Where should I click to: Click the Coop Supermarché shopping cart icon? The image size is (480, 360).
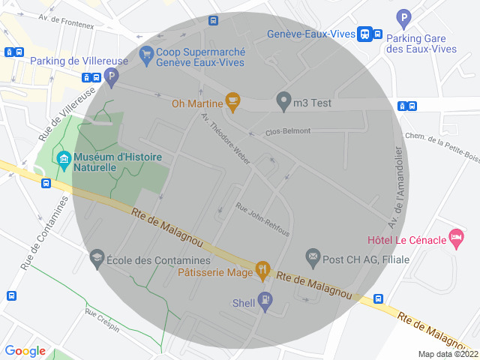[x=145, y=55]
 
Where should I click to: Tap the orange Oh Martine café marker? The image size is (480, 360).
[x=232, y=102]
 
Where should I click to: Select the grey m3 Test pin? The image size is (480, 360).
[x=283, y=100]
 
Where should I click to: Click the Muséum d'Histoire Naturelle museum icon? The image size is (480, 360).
[x=64, y=159]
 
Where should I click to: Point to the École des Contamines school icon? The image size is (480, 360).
[x=97, y=259]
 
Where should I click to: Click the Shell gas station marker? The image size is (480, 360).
[x=265, y=301]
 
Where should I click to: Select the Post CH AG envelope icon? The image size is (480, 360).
[x=313, y=259]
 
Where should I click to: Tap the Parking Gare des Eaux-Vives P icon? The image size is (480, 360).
[x=404, y=18]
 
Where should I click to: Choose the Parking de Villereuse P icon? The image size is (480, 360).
[x=111, y=76]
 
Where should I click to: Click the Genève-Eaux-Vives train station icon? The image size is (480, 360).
[x=364, y=34]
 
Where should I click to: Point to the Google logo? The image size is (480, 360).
[x=25, y=351]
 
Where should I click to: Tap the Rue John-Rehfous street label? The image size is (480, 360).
[x=262, y=219]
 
